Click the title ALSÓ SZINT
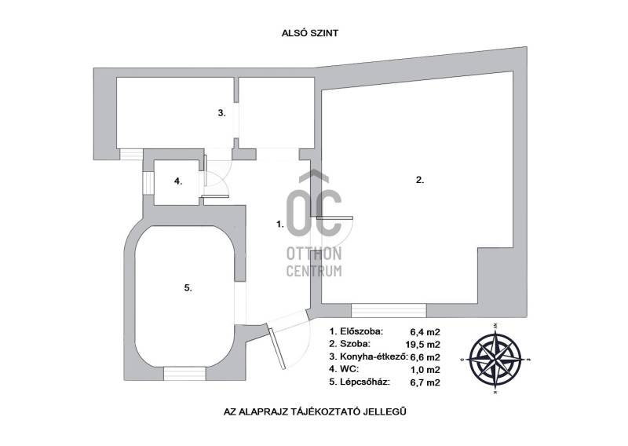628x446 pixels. (310, 33)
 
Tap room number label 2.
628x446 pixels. (420, 180)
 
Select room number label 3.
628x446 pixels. (222, 113)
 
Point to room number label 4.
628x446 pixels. (178, 181)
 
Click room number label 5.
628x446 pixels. (188, 287)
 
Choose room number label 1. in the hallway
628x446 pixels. (280, 225)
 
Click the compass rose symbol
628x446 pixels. (496, 358)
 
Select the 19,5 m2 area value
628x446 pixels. (422, 344)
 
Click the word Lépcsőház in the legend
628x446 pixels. (365, 382)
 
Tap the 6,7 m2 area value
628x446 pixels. (425, 382)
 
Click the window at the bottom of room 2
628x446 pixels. (389, 311)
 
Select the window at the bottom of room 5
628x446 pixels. (184, 374)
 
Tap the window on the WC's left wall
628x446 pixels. (148, 183)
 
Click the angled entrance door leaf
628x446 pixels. (278, 349)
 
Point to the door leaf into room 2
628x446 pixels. (334, 218)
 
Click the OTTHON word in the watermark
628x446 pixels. (314, 254)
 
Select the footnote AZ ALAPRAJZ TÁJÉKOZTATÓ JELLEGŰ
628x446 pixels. (315, 411)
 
